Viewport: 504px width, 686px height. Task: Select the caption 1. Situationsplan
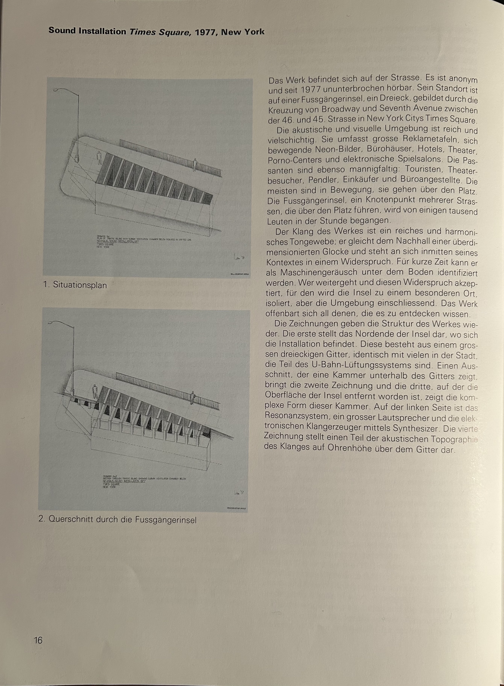pyautogui.click(x=75, y=285)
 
